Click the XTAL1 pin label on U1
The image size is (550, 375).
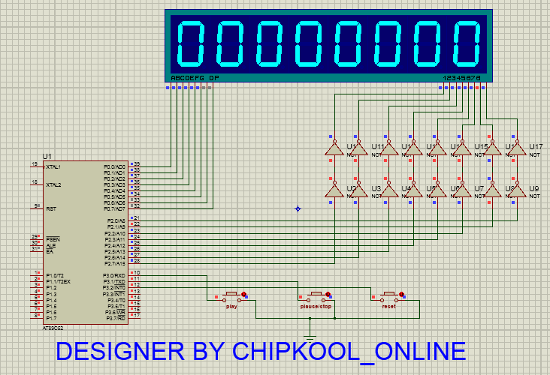(53, 166)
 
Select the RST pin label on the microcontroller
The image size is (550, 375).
(50, 209)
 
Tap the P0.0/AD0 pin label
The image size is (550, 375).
(115, 166)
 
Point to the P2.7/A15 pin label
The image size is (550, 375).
(115, 263)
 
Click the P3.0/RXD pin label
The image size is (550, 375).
(115, 276)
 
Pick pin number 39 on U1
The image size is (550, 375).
(137, 163)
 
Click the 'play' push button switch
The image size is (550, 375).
(231, 295)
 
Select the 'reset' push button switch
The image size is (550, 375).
(389, 295)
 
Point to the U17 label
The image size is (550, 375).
(536, 146)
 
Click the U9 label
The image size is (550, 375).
(535, 187)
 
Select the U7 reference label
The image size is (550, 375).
(479, 187)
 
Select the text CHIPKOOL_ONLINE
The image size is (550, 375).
(349, 351)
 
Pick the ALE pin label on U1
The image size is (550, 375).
(50, 245)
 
